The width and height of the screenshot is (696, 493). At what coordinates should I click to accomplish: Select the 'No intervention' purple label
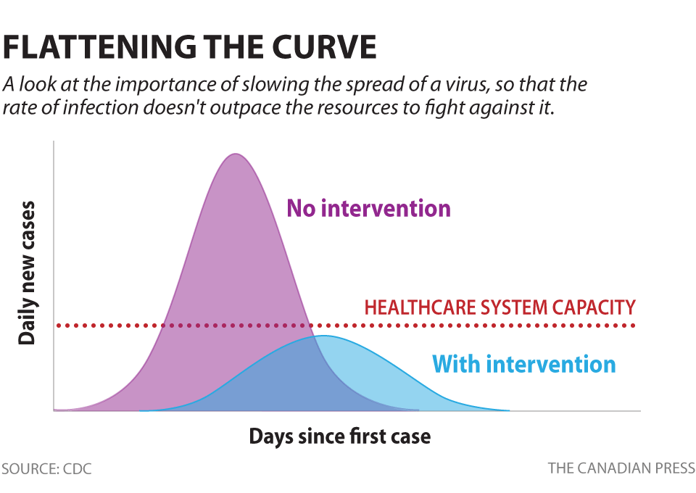tap(369, 209)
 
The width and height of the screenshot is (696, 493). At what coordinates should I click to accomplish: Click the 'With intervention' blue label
tap(523, 363)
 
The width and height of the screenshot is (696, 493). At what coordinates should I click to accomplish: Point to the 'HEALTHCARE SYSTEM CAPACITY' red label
tap(500, 307)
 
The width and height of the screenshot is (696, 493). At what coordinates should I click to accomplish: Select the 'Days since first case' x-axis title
tap(339, 436)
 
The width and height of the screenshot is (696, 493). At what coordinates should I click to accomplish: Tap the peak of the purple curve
tap(234, 154)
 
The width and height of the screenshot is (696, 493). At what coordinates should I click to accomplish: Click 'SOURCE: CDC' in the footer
tap(46, 468)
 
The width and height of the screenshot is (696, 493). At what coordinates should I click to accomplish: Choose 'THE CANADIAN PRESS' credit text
tap(621, 468)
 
